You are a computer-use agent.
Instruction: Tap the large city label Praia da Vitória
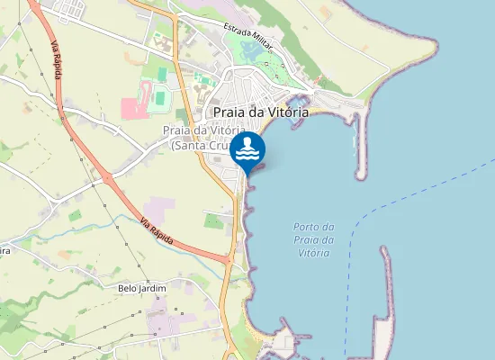pos(261,112)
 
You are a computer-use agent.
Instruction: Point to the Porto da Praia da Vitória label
pos(314,239)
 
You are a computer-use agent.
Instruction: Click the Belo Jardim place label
pos(143,289)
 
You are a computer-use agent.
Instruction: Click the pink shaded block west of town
pos(132,109)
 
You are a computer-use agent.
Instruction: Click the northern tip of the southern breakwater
pos(386,249)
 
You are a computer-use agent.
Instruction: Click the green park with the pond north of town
pos(247,49)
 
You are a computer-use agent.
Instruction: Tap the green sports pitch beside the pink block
pos(160,94)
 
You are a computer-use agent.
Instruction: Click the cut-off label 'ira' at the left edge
pos(4,251)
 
